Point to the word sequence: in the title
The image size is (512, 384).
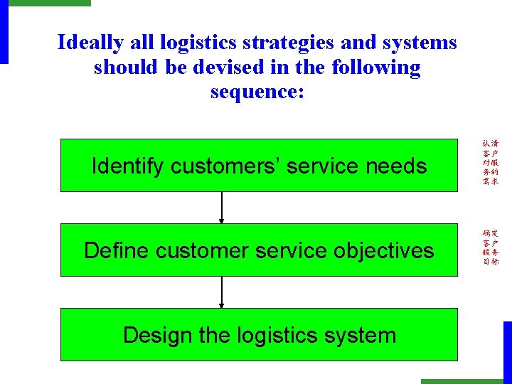coord(257,92)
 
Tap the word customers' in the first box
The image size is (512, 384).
coord(211,166)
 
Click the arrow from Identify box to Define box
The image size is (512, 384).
coord(222,208)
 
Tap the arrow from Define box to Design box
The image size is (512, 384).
coord(222,292)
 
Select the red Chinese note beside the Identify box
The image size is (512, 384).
coord(491,162)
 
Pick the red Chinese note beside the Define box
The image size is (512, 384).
coord(491,247)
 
